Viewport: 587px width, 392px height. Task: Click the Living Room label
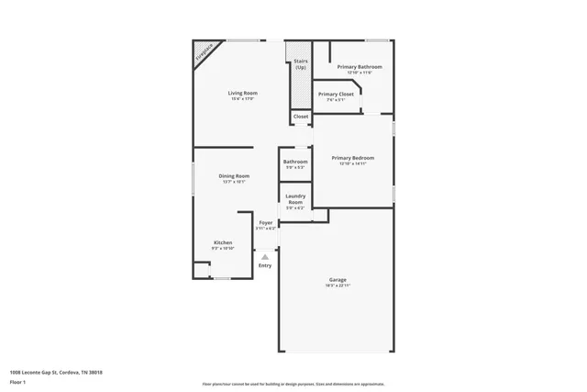pyautogui.click(x=243, y=93)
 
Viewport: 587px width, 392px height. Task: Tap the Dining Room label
pyautogui.click(x=234, y=175)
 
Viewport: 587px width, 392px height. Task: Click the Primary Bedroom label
pyautogui.click(x=353, y=158)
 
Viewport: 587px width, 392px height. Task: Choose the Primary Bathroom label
pyautogui.click(x=359, y=67)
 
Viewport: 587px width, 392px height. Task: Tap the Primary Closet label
pyautogui.click(x=336, y=94)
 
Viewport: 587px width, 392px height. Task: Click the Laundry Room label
pyautogui.click(x=295, y=197)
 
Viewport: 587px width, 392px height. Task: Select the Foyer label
pyautogui.click(x=266, y=223)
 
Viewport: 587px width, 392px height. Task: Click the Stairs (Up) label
pyautogui.click(x=300, y=63)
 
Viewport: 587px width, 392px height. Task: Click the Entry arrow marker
pyautogui.click(x=265, y=257)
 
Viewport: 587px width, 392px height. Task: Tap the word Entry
pyautogui.click(x=265, y=265)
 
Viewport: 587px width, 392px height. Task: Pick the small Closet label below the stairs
pyautogui.click(x=301, y=117)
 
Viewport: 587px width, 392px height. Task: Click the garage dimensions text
pyautogui.click(x=338, y=286)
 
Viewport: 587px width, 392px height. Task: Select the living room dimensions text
pyautogui.click(x=243, y=99)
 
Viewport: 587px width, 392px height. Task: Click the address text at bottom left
pyautogui.click(x=56, y=372)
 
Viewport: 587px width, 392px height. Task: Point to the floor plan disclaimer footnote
pyautogui.click(x=293, y=383)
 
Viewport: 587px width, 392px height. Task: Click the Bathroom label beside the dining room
pyautogui.click(x=295, y=162)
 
